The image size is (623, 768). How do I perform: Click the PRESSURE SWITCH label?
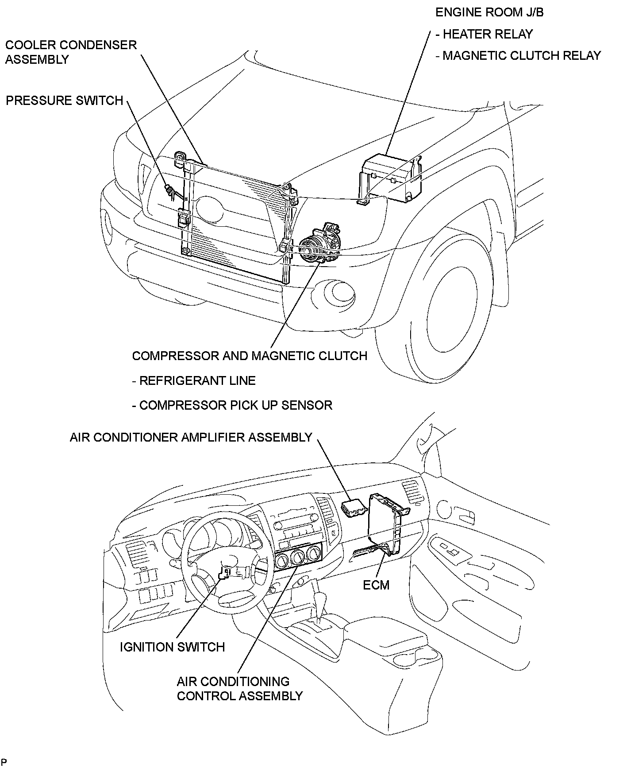tap(64, 101)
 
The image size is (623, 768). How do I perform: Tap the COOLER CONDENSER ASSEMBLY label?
tap(71, 52)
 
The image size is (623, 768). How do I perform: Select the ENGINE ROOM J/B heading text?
tap(489, 12)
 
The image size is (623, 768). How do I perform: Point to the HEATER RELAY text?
tap(488, 34)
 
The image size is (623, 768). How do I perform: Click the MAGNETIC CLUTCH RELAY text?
tap(522, 56)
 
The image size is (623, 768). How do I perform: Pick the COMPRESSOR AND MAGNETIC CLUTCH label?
tap(250, 356)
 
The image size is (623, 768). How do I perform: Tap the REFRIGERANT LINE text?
tap(197, 380)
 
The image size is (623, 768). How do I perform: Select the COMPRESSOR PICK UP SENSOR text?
tap(235, 405)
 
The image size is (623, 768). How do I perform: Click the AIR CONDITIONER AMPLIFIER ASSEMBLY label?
tap(191, 437)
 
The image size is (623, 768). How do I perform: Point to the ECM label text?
tap(376, 585)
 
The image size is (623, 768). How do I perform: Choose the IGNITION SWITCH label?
tap(172, 647)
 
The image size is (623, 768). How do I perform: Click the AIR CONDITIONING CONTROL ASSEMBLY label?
tap(239, 688)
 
